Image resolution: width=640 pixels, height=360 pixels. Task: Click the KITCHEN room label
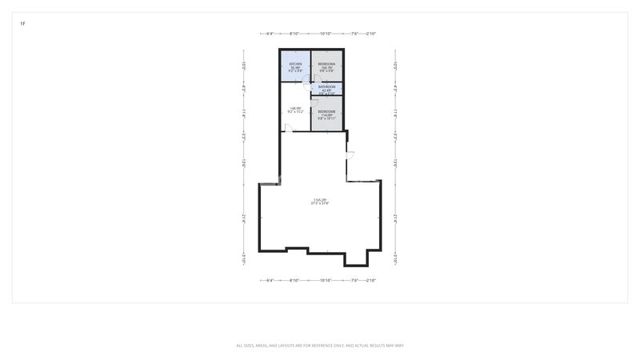coord(295,63)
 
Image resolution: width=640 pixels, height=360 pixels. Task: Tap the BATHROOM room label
coord(326,86)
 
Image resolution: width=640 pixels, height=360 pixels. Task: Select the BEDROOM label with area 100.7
coord(326,63)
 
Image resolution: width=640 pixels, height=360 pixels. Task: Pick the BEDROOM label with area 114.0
coord(326,111)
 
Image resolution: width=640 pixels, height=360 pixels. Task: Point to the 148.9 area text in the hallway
coord(295,108)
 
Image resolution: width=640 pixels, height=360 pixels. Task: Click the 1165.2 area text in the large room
coord(320,199)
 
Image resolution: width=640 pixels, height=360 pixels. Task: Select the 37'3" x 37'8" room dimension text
coord(320,203)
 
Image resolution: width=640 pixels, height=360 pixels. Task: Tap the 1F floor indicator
coord(22,24)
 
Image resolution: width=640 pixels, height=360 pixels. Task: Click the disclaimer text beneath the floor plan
coord(320,346)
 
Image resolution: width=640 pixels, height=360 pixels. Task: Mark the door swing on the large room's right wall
coord(349,154)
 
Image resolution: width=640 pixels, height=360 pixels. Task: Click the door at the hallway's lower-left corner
coord(288,128)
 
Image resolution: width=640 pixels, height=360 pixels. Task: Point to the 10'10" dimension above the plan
coord(326,34)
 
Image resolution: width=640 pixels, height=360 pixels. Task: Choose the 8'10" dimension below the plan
coord(294,281)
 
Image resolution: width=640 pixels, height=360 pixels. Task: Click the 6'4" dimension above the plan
coord(270,34)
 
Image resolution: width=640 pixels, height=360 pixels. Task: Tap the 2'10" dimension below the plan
coord(370,281)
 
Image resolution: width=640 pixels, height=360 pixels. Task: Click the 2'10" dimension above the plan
coord(370,34)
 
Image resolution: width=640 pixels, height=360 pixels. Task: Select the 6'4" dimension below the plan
coord(270,281)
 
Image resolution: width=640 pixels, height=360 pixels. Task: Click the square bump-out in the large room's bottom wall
coord(356,258)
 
